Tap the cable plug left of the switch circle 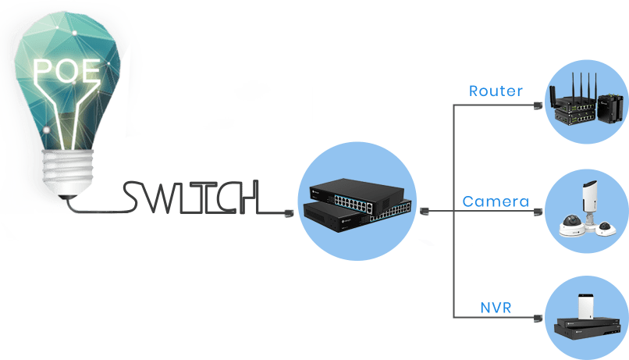[x=289, y=212]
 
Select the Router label [x=495, y=91]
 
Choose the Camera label [x=495, y=202]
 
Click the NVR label [x=495, y=307]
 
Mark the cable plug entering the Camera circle [x=537, y=211]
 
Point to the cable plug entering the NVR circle [x=537, y=317]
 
